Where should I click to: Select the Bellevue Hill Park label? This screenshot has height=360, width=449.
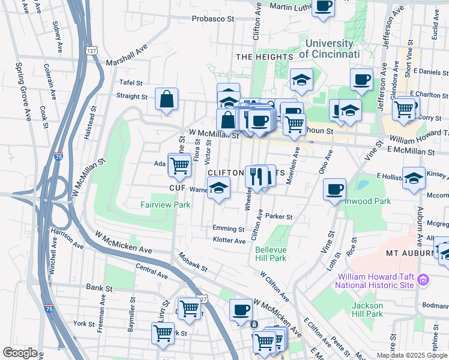270,254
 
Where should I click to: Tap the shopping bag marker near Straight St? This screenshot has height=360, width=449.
166,98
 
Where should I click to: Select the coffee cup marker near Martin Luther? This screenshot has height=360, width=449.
323,7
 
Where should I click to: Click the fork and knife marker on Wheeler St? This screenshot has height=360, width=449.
255,176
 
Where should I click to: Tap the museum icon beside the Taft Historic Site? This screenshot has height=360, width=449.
424,280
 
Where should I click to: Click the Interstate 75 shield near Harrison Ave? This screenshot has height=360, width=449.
58,156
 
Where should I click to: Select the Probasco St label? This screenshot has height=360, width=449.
212,19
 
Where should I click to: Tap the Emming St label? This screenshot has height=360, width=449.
228,229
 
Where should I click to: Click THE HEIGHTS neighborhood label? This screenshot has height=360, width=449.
264,57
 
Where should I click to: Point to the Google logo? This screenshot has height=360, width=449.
20,353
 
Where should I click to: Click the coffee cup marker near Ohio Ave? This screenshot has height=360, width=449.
334,190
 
